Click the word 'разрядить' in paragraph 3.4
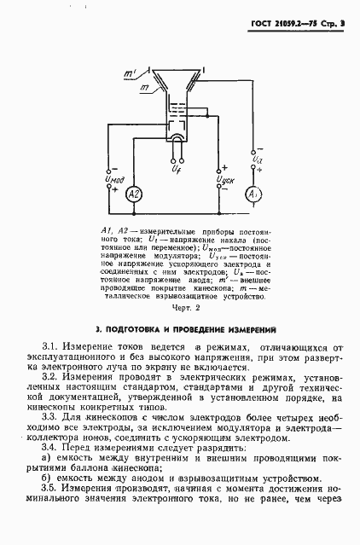coord(201,449)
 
